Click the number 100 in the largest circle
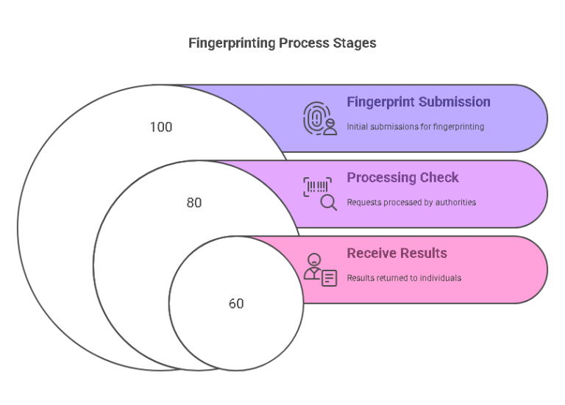[x=161, y=127]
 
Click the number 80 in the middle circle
[x=194, y=203]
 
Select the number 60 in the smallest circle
[x=236, y=304]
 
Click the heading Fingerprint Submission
[x=419, y=102]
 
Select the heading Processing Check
[x=402, y=178]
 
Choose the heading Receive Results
[x=397, y=254]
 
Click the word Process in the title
[x=303, y=43]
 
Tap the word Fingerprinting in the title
[x=232, y=43]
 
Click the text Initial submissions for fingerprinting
[x=415, y=126]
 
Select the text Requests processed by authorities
[x=411, y=202]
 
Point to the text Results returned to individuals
[x=404, y=278]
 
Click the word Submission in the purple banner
[x=452, y=102]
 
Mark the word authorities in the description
[x=457, y=202]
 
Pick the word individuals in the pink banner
[x=441, y=278]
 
